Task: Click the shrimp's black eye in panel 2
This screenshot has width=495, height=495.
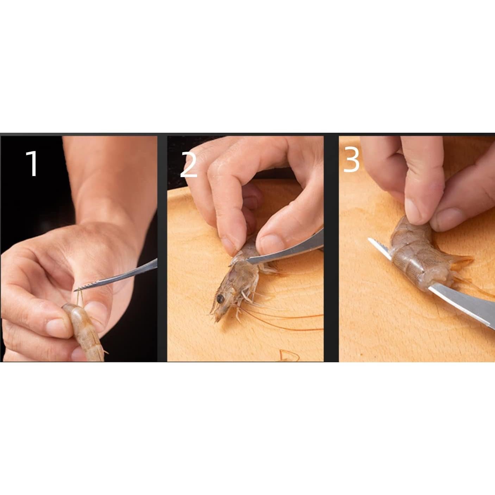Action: tap(220, 299)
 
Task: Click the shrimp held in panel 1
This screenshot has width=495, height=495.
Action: tap(86, 331)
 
